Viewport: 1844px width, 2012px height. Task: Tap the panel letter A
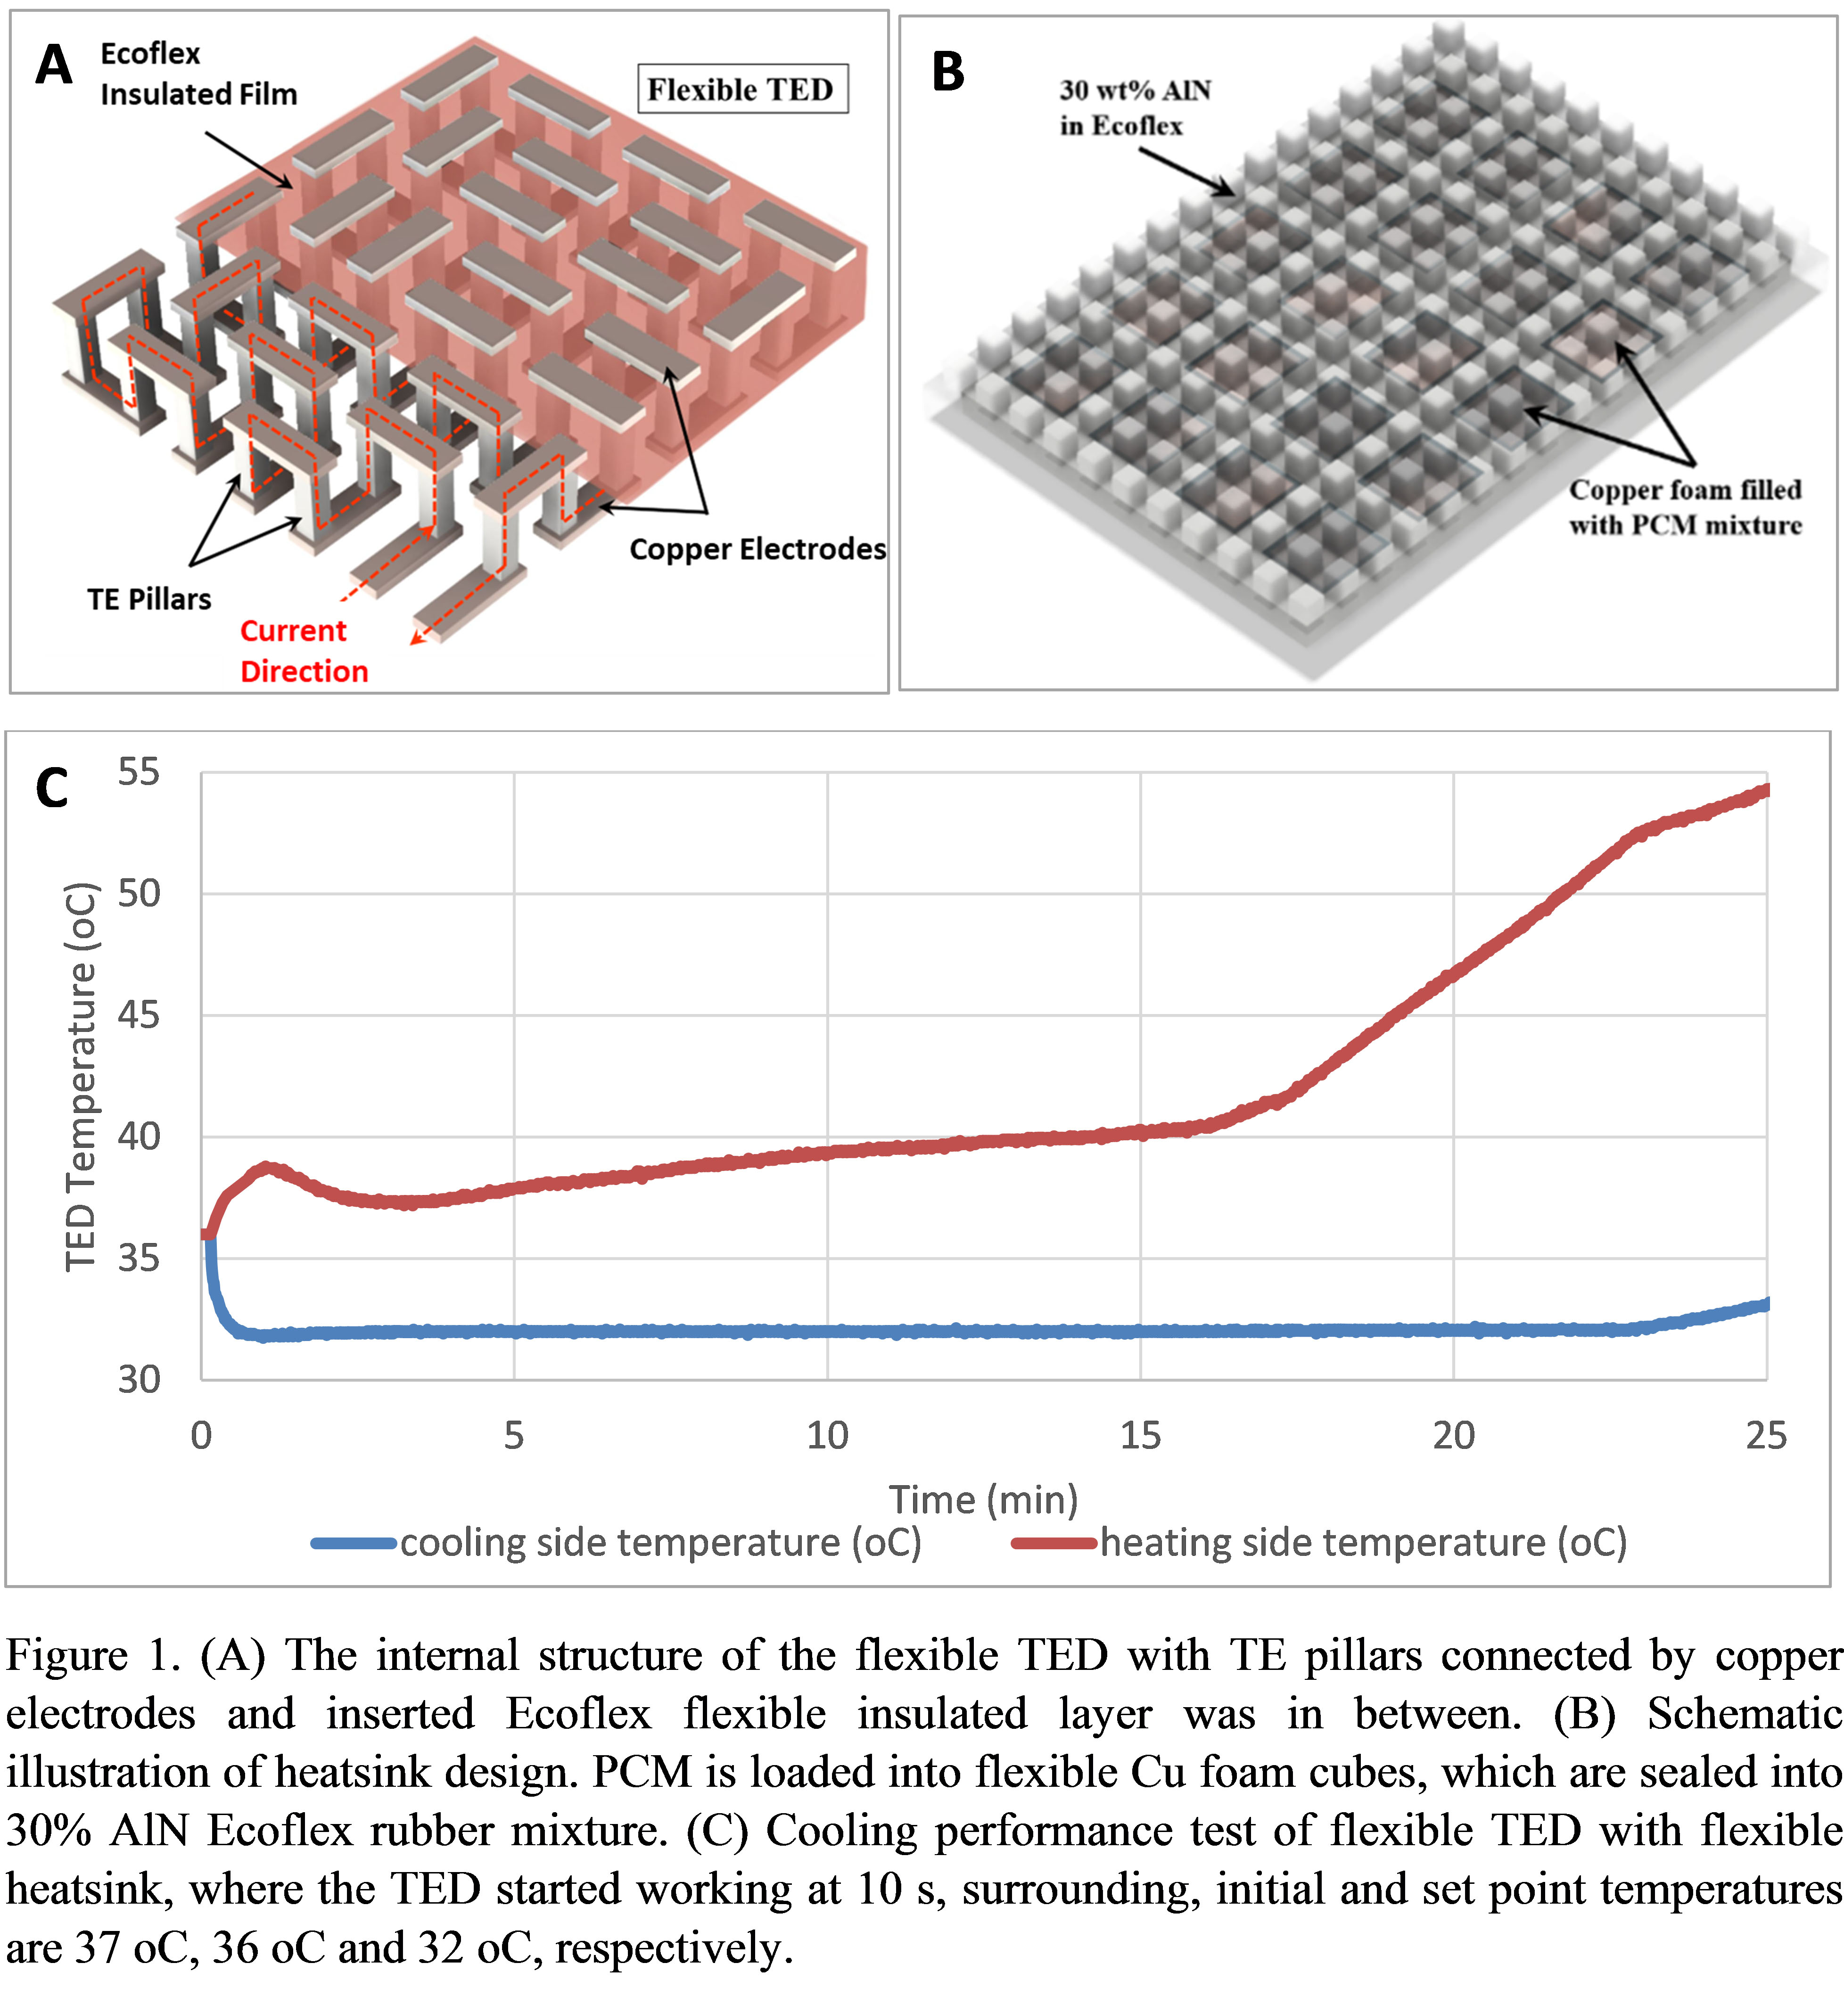coord(54,66)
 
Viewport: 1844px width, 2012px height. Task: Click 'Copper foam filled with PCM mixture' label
coord(1685,507)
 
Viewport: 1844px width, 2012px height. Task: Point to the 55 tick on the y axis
coord(139,772)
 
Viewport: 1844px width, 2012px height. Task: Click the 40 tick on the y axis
coord(139,1137)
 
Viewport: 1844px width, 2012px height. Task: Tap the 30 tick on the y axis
coord(139,1380)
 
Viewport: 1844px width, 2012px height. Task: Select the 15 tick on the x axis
coord(1140,1436)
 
